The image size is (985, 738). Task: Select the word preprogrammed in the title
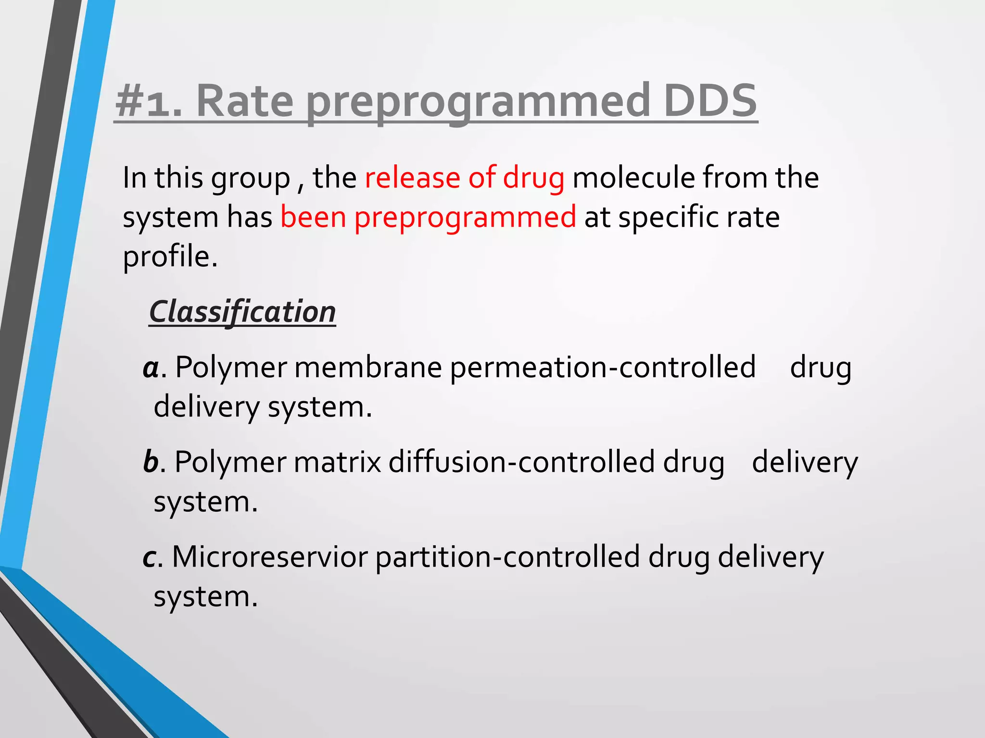click(x=478, y=102)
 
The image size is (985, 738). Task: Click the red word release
click(x=412, y=177)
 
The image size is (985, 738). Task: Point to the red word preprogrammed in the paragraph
click(x=465, y=217)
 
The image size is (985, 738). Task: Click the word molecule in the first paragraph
click(x=633, y=177)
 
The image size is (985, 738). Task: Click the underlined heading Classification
click(x=242, y=312)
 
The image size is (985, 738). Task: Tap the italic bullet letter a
click(x=151, y=368)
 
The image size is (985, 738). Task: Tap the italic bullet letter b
click(x=151, y=462)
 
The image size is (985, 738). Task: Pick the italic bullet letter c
click(x=149, y=557)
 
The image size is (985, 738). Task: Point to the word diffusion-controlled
click(x=521, y=462)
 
